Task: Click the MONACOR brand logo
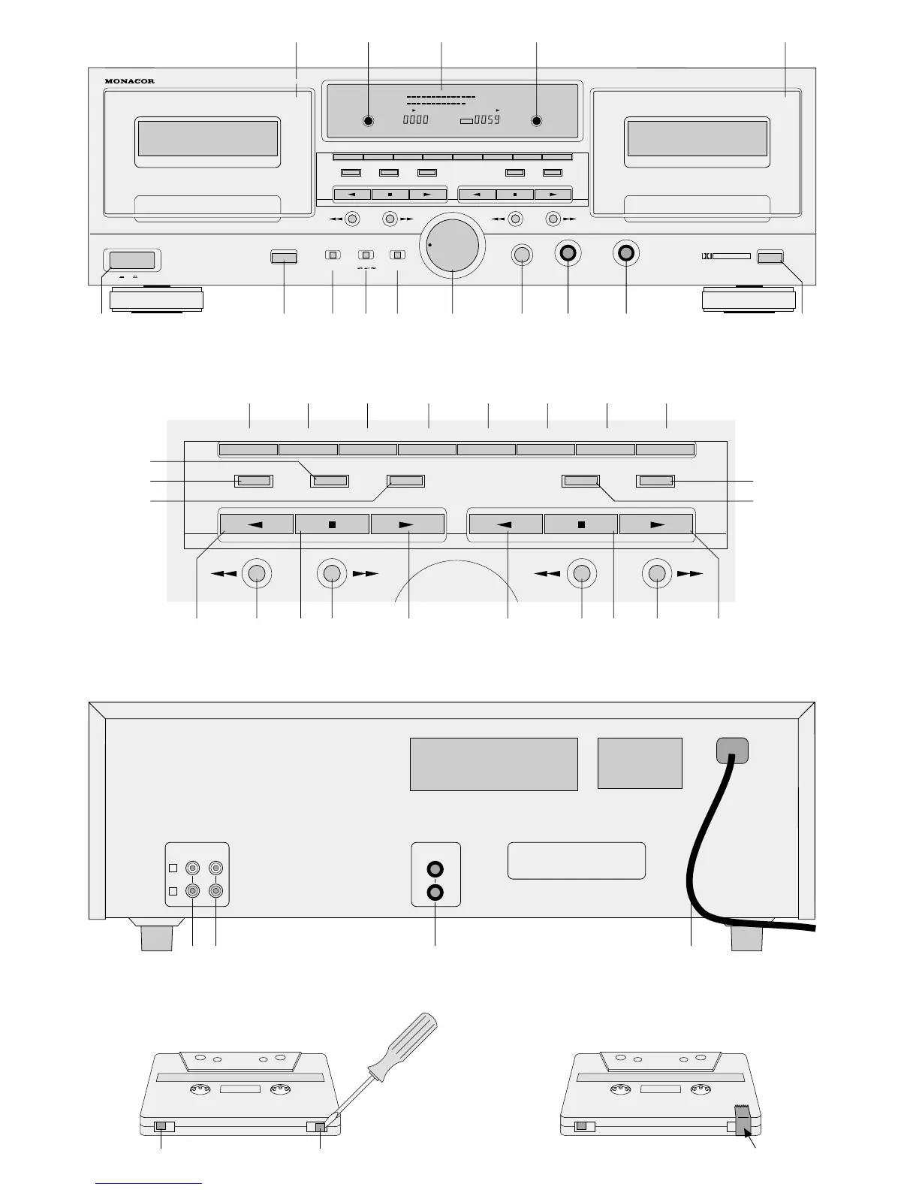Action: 131,81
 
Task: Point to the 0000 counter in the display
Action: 415,119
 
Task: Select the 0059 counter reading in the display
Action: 487,119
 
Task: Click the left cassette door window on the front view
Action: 208,139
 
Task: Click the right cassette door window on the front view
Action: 697,139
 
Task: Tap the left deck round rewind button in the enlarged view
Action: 257,573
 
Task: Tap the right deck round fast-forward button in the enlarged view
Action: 657,573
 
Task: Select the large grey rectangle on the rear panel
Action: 493,764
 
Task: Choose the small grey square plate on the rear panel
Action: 640,763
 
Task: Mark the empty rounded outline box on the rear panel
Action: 576,860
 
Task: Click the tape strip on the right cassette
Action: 743,1125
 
